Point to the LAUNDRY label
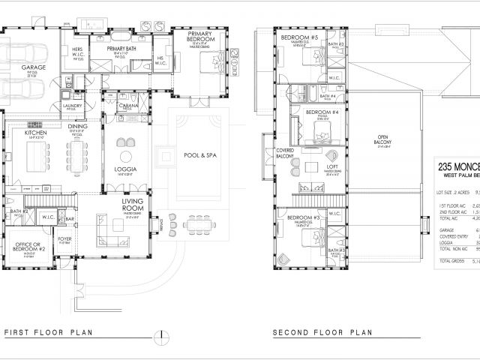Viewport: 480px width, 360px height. [72, 106]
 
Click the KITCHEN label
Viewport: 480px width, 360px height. [36, 132]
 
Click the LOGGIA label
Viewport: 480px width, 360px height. [125, 169]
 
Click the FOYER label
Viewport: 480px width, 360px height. [66, 239]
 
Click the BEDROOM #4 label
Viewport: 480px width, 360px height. [322, 112]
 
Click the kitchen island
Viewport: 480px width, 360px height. [37, 158]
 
